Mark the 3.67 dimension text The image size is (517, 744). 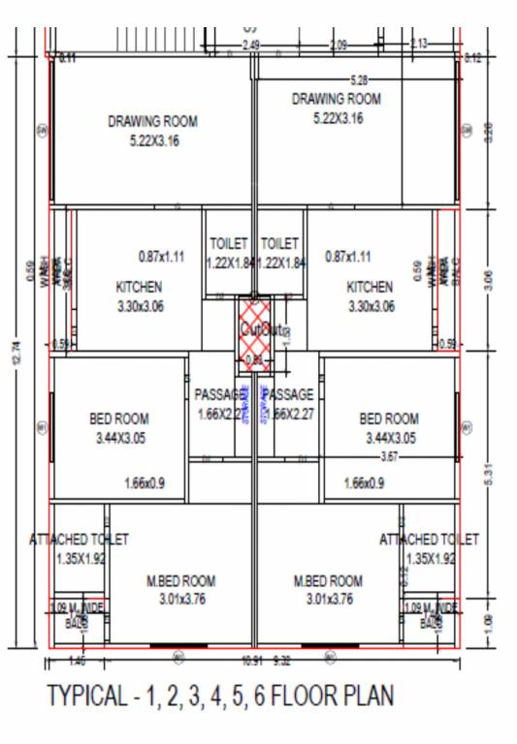pyautogui.click(x=388, y=456)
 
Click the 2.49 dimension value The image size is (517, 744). pyautogui.click(x=251, y=46)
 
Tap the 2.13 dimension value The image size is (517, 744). pyautogui.click(x=419, y=45)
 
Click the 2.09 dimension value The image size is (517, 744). pyautogui.click(x=339, y=46)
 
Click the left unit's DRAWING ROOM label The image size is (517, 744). pyautogui.click(x=152, y=122)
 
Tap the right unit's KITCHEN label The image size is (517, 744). pyautogui.click(x=370, y=288)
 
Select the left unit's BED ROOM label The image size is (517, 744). pyautogui.click(x=118, y=419)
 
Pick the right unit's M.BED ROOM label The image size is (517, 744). pyautogui.click(x=328, y=581)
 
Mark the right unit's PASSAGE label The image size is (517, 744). pyautogui.click(x=289, y=395)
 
